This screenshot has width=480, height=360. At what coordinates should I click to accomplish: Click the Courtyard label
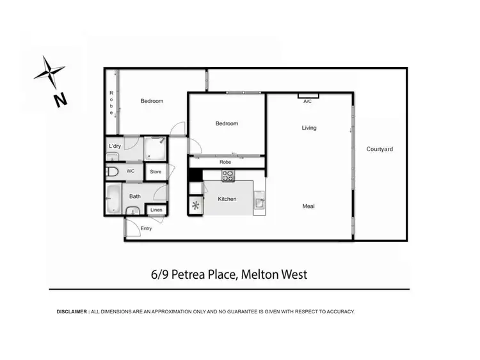point(380,149)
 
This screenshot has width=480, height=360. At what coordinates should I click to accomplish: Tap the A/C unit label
point(308,101)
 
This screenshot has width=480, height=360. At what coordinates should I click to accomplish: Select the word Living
point(309,128)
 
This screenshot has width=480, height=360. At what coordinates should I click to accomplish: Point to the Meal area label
point(308,206)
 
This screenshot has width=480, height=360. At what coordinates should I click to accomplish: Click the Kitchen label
point(227,199)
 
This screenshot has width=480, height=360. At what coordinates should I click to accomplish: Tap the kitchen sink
point(259,203)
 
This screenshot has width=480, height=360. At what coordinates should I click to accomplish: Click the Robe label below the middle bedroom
point(225,162)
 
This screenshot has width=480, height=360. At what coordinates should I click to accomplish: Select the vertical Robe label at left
point(111,103)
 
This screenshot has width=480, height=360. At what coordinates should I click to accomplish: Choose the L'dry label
point(115,146)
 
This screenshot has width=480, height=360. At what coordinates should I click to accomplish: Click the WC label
point(131,171)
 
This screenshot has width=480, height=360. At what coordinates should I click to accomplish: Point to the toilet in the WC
point(113,172)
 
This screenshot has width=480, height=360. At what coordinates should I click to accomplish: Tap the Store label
point(156,172)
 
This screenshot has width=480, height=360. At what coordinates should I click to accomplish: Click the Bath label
point(135,196)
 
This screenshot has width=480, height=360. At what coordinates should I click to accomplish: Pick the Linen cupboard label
point(157,210)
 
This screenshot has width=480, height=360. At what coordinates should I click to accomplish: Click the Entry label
point(147,228)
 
